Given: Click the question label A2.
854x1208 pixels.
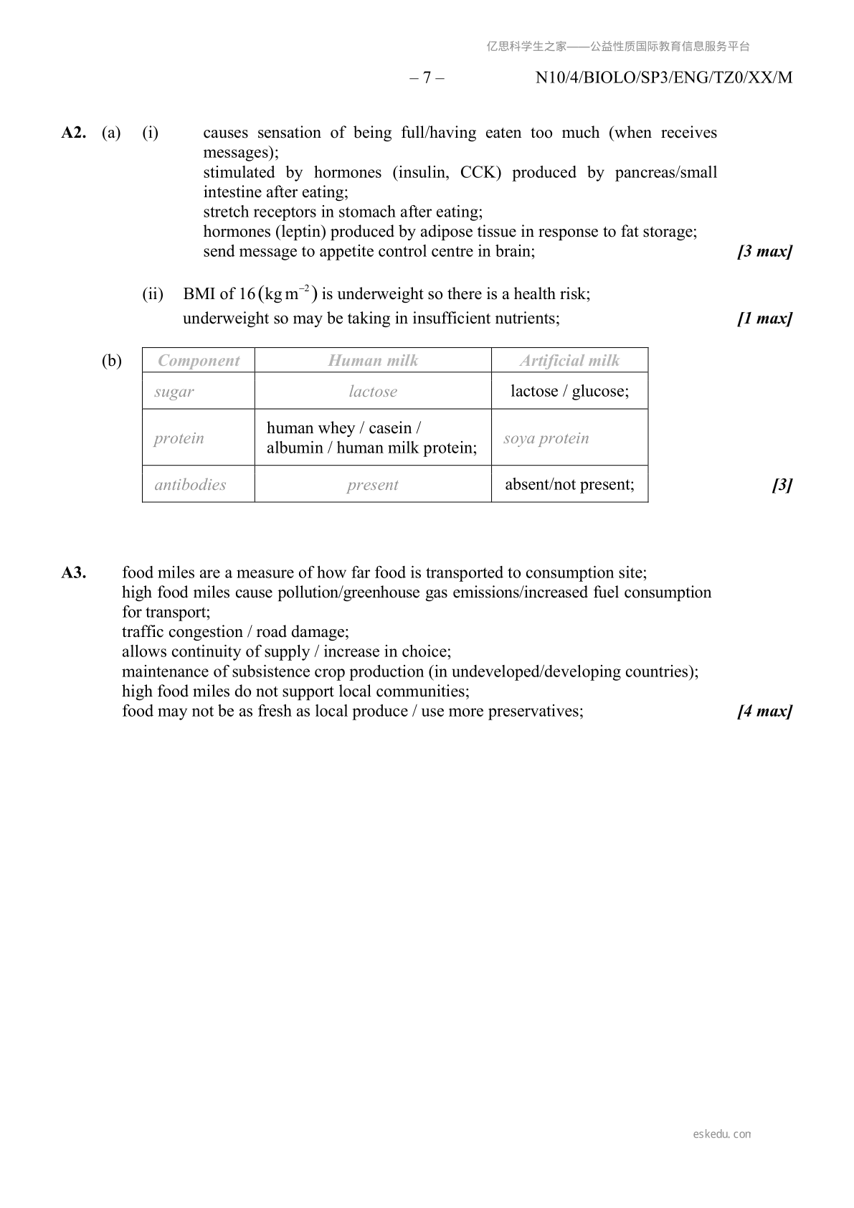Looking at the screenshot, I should [x=74, y=133].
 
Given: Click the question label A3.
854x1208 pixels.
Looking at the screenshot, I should [x=74, y=572].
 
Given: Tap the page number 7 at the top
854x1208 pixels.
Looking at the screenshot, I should [x=427, y=77].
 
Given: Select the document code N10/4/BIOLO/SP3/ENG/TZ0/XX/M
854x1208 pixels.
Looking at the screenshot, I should [x=664, y=77].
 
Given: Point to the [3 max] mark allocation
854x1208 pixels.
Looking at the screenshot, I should [x=764, y=252].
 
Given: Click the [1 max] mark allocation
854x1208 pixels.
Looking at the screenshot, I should [x=764, y=318].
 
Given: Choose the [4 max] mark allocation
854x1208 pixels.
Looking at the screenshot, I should [x=764, y=712].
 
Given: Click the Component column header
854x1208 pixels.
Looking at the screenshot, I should [x=199, y=360].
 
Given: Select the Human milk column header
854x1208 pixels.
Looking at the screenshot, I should [x=373, y=360].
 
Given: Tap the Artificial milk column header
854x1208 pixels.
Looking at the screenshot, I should [x=569, y=360].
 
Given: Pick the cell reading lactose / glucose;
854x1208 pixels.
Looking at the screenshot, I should [x=569, y=391].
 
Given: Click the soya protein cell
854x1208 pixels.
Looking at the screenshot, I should [x=546, y=438].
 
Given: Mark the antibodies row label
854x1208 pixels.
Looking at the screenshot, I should [x=190, y=485].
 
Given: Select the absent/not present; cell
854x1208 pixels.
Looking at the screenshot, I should [x=569, y=485].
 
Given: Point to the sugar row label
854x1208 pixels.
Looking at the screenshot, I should [x=174, y=392].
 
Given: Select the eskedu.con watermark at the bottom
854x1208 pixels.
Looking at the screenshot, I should [x=722, y=1134].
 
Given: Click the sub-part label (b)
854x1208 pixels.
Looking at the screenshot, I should [x=112, y=360].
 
